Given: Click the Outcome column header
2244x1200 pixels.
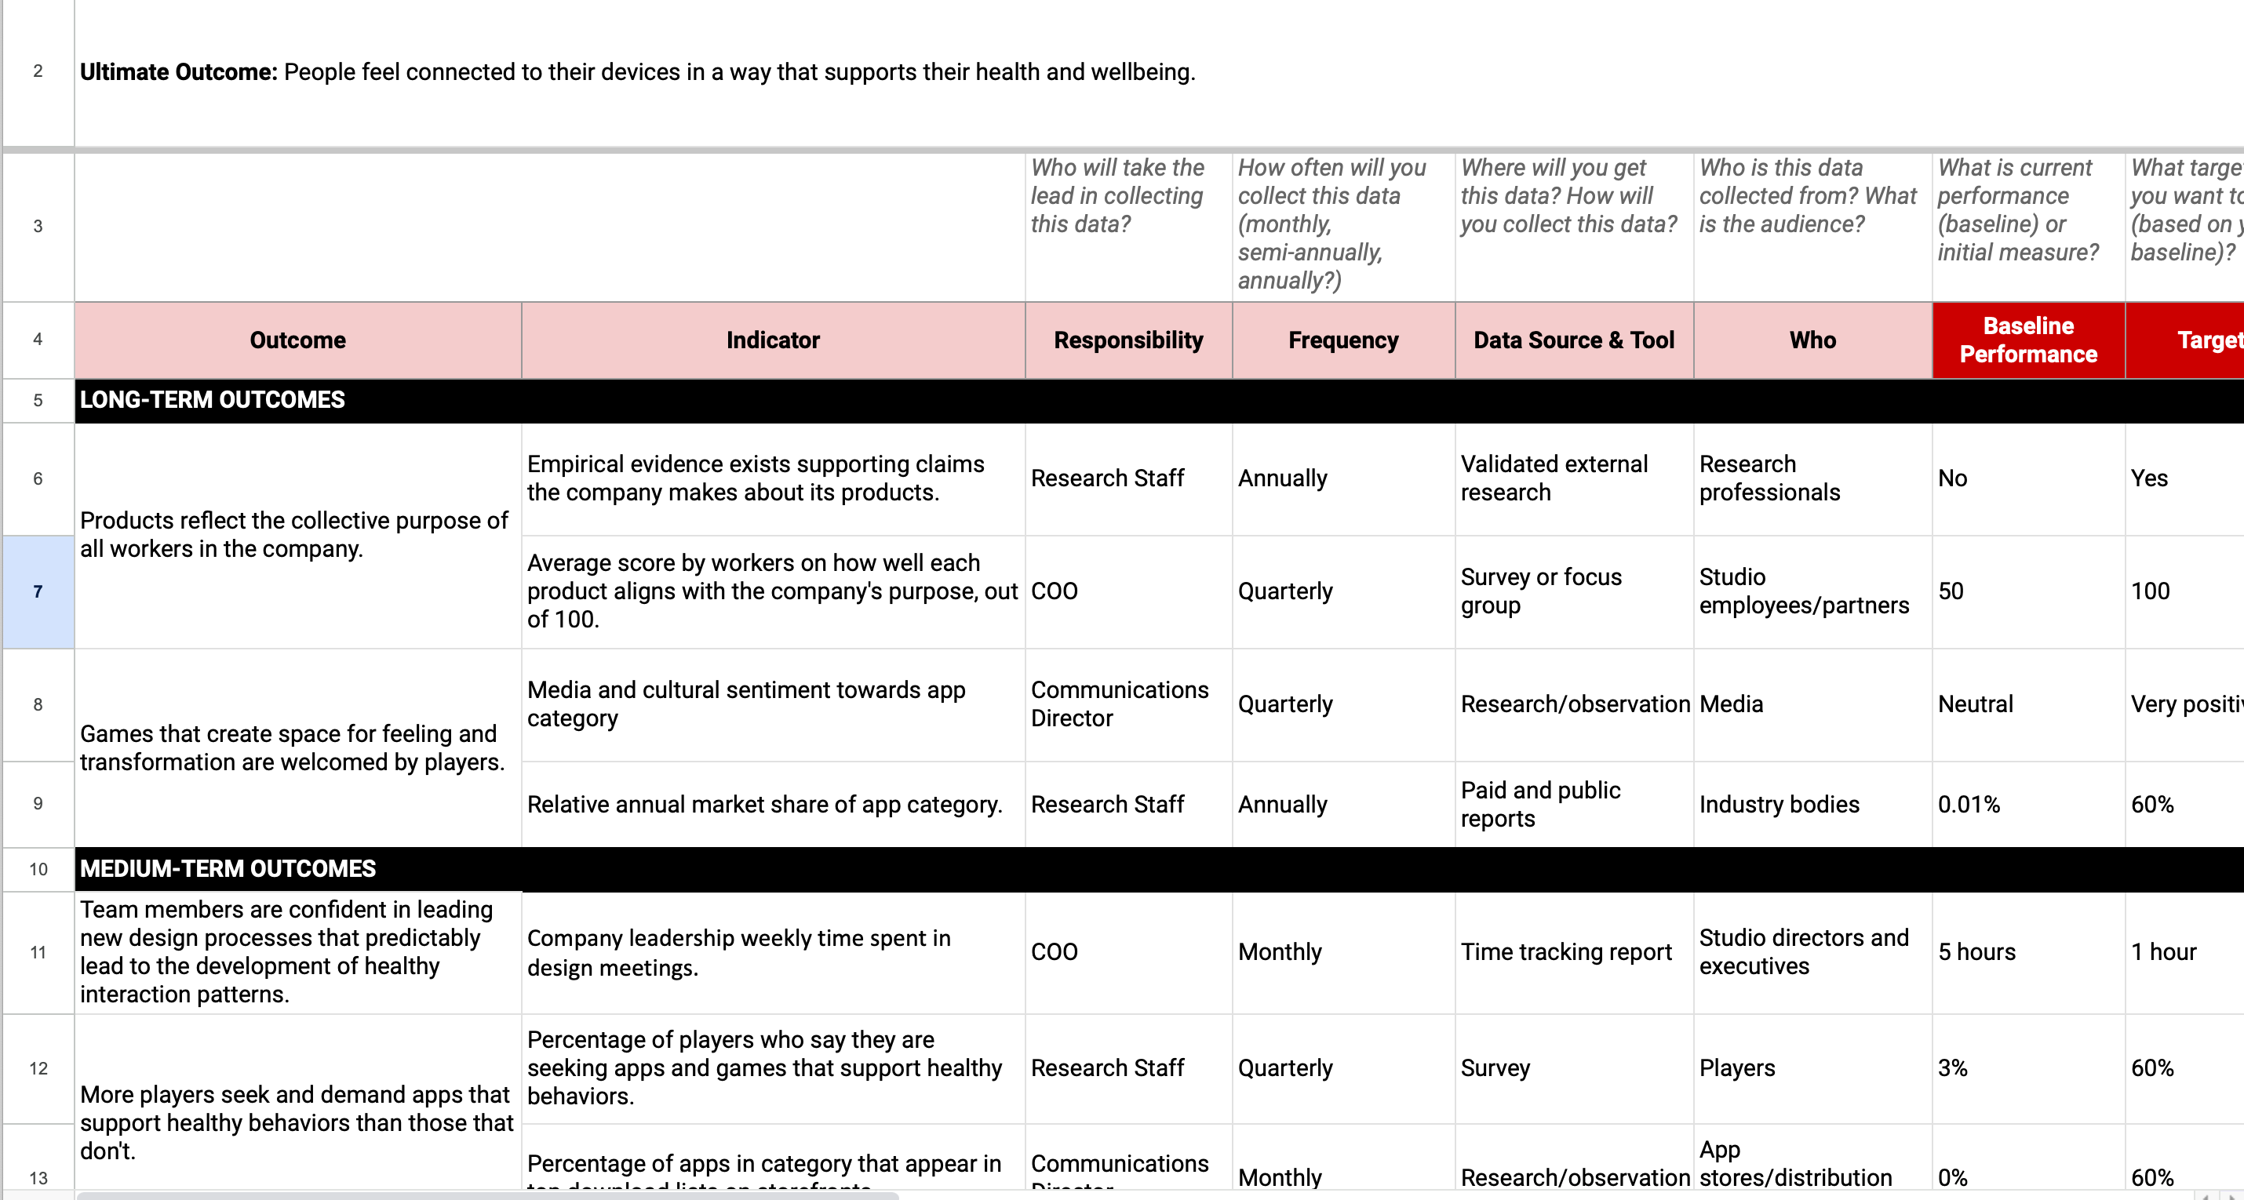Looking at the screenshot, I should pos(297,340).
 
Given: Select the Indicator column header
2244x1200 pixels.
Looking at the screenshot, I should pos(773,340).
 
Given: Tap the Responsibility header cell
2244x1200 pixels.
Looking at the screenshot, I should pos(1128,340).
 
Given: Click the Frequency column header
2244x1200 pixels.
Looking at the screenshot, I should pos(1343,340).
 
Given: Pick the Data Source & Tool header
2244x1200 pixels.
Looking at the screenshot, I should pos(1573,340).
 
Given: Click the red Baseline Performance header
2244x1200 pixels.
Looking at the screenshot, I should pos(2028,340).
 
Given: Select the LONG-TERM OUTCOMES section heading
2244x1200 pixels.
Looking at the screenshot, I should pos(213,400).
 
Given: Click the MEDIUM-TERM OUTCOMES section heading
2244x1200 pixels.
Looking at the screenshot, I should pos(228,868).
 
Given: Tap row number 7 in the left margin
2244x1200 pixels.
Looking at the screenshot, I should pos(38,591).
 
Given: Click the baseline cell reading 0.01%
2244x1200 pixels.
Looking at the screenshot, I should pos(1969,804).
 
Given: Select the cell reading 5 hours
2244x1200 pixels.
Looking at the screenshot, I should pos(1976,952).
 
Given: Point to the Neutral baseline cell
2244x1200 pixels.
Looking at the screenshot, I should pos(1975,704).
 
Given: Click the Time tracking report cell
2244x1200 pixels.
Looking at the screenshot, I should pos(1566,952).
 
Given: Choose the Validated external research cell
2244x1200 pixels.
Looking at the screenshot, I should pos(1554,478).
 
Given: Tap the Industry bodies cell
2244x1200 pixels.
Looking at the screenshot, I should pos(1779,804).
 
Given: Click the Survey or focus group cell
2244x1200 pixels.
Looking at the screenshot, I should pos(1541,591).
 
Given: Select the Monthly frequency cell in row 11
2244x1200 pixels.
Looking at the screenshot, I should pos(1280,952).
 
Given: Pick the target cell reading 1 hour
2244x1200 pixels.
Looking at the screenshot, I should pos(2163,952).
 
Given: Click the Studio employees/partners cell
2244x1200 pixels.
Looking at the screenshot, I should pos(1803,591).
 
